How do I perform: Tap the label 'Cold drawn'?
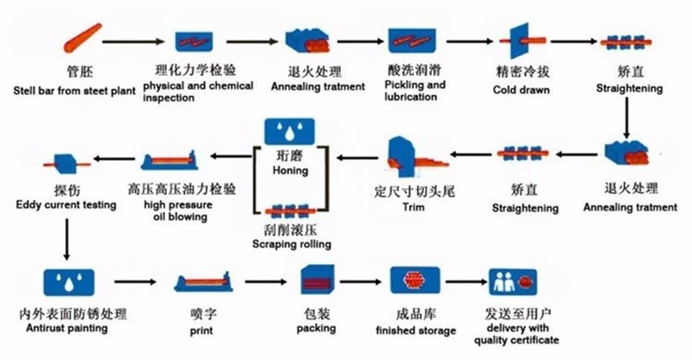click(516, 89)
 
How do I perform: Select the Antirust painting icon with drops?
click(67, 282)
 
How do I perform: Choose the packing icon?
click(317, 281)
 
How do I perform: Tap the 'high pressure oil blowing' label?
click(182, 210)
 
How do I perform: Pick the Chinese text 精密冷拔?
click(516, 72)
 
